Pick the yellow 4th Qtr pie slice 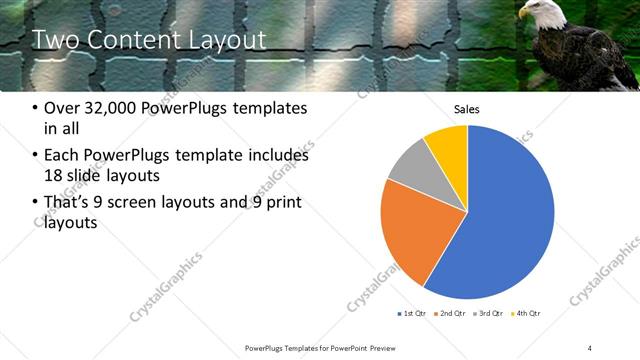[447, 146]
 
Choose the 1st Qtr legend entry [412, 313]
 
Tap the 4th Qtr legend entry [526, 313]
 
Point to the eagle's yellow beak [522, 15]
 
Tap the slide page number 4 [590, 347]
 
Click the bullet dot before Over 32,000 [36, 108]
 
